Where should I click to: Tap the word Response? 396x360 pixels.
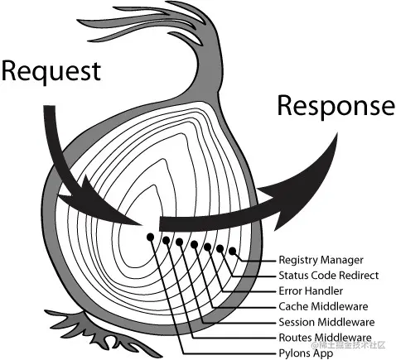click(x=335, y=106)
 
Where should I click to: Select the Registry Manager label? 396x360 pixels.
click(x=321, y=260)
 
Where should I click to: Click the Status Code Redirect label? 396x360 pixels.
click(x=329, y=276)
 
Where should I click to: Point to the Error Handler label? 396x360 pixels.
click(x=311, y=291)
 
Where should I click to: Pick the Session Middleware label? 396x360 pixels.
click(x=326, y=322)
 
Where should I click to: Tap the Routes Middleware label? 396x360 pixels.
click(x=325, y=338)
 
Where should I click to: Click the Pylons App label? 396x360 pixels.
click(x=306, y=353)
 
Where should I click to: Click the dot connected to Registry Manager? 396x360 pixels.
click(x=233, y=251)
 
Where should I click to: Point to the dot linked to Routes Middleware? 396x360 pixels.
click(x=167, y=241)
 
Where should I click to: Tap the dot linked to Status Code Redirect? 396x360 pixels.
click(x=220, y=248)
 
